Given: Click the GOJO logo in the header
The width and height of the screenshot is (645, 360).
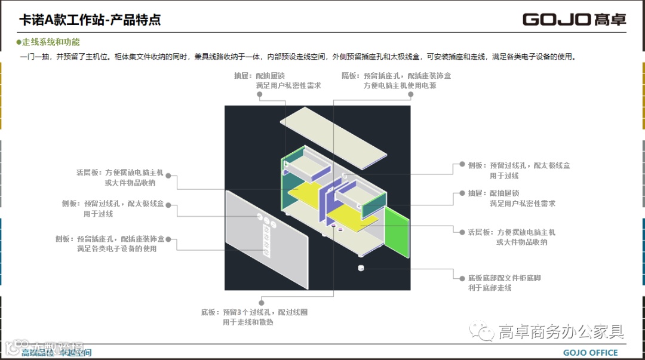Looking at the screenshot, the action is [574, 19].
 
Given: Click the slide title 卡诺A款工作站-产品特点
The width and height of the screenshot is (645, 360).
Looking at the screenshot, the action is [90, 20].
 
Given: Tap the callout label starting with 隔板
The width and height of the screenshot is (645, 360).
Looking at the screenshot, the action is [396, 76].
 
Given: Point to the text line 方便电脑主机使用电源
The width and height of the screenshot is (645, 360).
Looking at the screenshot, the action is [400, 85].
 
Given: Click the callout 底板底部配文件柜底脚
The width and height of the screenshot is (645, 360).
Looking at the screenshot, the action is [504, 278].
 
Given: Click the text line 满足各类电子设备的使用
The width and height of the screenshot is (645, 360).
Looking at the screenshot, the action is [116, 248].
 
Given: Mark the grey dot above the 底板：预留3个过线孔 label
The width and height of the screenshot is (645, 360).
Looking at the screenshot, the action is [261, 302].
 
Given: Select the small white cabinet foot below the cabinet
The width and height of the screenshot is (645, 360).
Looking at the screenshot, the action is [361, 267].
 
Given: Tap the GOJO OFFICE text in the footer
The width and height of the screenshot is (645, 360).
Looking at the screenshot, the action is [590, 353].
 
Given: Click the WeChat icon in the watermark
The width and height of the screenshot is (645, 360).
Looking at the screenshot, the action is [481, 330].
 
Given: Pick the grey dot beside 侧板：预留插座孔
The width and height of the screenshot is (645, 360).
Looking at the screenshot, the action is [169, 239].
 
